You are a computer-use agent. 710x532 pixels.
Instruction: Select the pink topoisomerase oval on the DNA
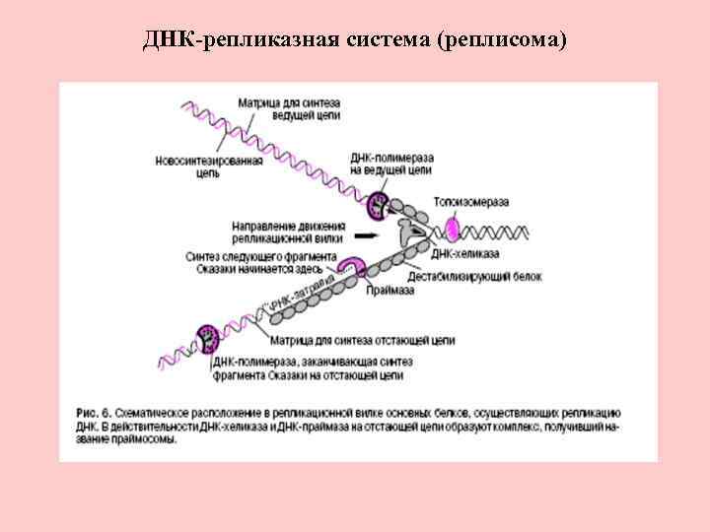(x=451, y=230)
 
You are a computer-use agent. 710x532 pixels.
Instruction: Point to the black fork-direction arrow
(x=366, y=236)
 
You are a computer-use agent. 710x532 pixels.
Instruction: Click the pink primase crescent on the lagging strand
(x=351, y=269)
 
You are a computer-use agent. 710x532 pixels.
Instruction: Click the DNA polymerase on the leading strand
(x=379, y=207)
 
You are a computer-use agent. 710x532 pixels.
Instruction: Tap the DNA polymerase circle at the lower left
(x=209, y=338)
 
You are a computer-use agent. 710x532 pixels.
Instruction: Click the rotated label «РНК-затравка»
(x=295, y=292)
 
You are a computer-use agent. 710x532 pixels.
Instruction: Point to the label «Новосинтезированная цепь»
(x=209, y=167)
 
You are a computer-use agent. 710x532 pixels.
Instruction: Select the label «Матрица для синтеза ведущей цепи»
(x=288, y=108)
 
